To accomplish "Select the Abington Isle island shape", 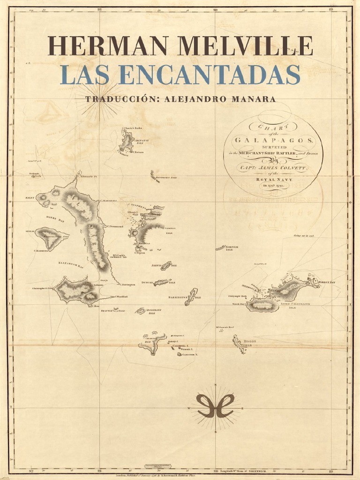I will (x=126, y=141).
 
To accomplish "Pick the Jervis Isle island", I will (x=166, y=266).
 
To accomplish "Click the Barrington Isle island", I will (x=191, y=297).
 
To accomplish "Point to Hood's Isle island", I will (x=239, y=344).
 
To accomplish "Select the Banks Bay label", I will (x=52, y=218).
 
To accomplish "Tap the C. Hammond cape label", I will (x=42, y=251).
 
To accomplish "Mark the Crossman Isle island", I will (x=140, y=311).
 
